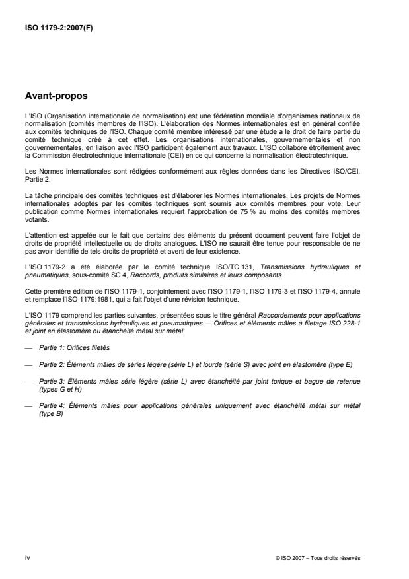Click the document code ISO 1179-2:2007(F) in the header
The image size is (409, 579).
[58, 28]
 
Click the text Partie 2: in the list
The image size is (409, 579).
[52, 363]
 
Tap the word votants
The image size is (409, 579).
[35, 222]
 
